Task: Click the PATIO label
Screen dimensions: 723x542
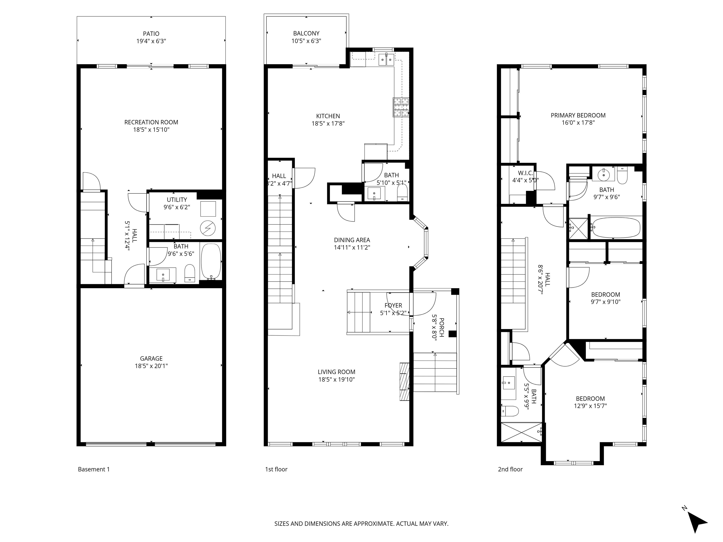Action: click(x=151, y=34)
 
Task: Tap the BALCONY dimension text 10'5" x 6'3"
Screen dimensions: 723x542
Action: click(x=306, y=41)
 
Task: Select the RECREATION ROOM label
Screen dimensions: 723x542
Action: click(x=151, y=122)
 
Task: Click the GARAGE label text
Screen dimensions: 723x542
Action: click(x=151, y=359)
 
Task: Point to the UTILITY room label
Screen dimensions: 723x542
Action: click(x=177, y=200)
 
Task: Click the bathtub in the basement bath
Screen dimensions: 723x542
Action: click(x=211, y=261)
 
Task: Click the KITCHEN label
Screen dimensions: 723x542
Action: click(x=328, y=116)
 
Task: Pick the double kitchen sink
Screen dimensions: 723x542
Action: click(x=386, y=60)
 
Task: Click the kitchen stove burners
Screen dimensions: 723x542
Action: click(x=401, y=107)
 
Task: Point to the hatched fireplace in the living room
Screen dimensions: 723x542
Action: click(x=404, y=381)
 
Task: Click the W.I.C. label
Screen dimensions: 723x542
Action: click(x=525, y=173)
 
